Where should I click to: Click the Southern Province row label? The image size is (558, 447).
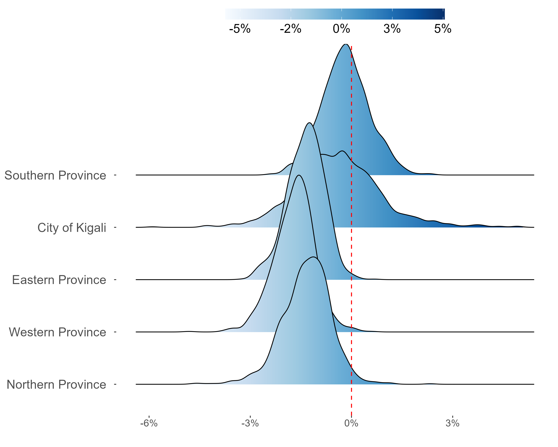55,175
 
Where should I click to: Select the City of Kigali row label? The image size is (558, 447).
72,228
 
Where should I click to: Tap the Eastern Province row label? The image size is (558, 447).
59,280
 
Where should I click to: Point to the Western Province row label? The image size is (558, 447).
57,332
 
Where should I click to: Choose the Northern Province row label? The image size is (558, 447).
56,385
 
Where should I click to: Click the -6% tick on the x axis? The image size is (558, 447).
149,423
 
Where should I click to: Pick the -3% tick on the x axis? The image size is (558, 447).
250,423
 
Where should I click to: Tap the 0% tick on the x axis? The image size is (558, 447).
351,423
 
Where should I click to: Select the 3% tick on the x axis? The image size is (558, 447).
452,423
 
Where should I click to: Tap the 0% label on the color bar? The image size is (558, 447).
341,29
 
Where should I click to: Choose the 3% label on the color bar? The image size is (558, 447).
392,29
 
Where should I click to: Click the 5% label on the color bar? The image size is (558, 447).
443,29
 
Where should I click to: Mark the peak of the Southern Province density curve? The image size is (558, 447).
346,44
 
